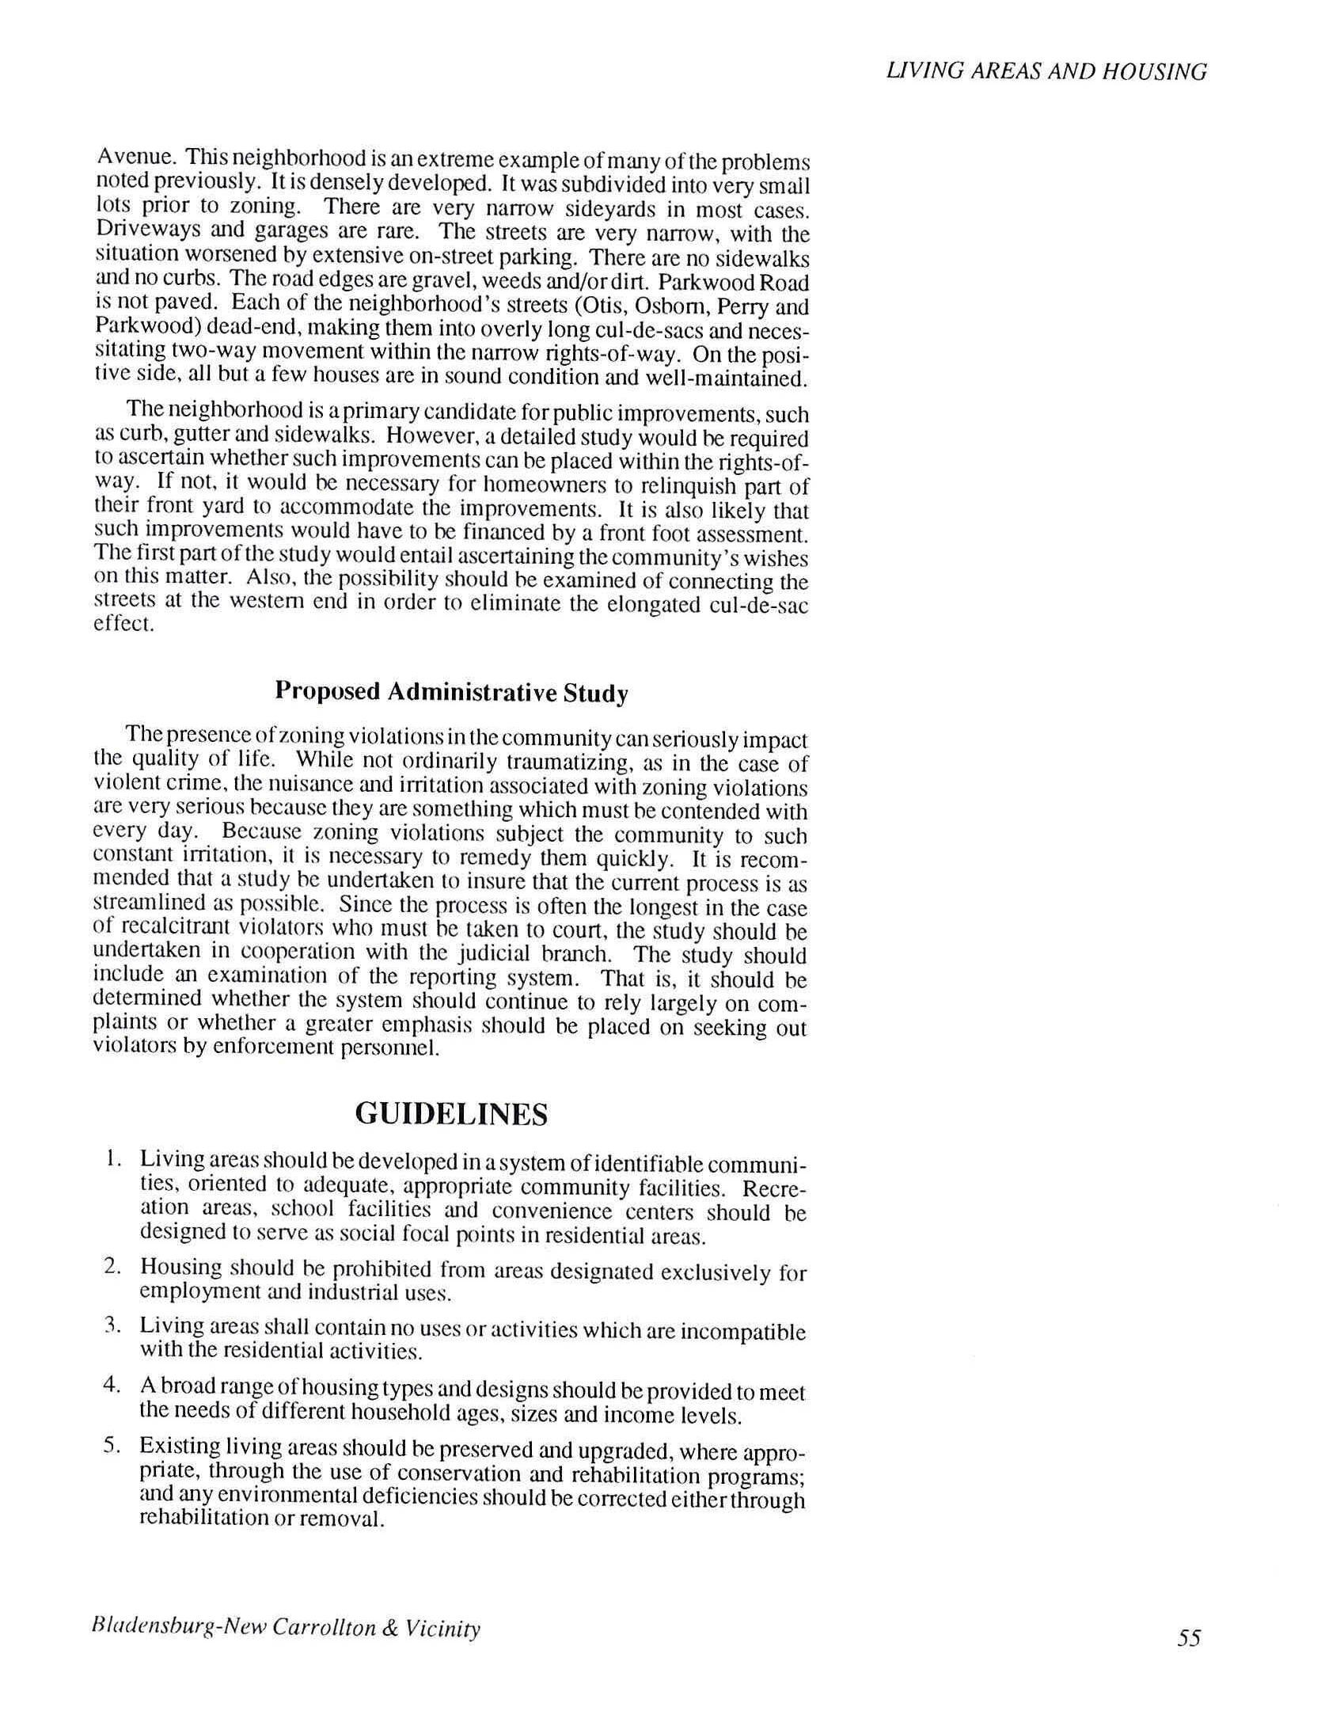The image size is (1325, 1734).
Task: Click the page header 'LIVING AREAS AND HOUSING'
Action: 1046,72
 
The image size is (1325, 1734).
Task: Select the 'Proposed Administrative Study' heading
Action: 451,692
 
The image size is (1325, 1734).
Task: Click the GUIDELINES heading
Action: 451,1114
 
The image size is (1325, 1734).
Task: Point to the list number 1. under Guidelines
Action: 113,1160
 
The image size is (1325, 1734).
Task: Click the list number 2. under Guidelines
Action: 112,1266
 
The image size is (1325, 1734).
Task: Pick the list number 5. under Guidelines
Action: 112,1446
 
